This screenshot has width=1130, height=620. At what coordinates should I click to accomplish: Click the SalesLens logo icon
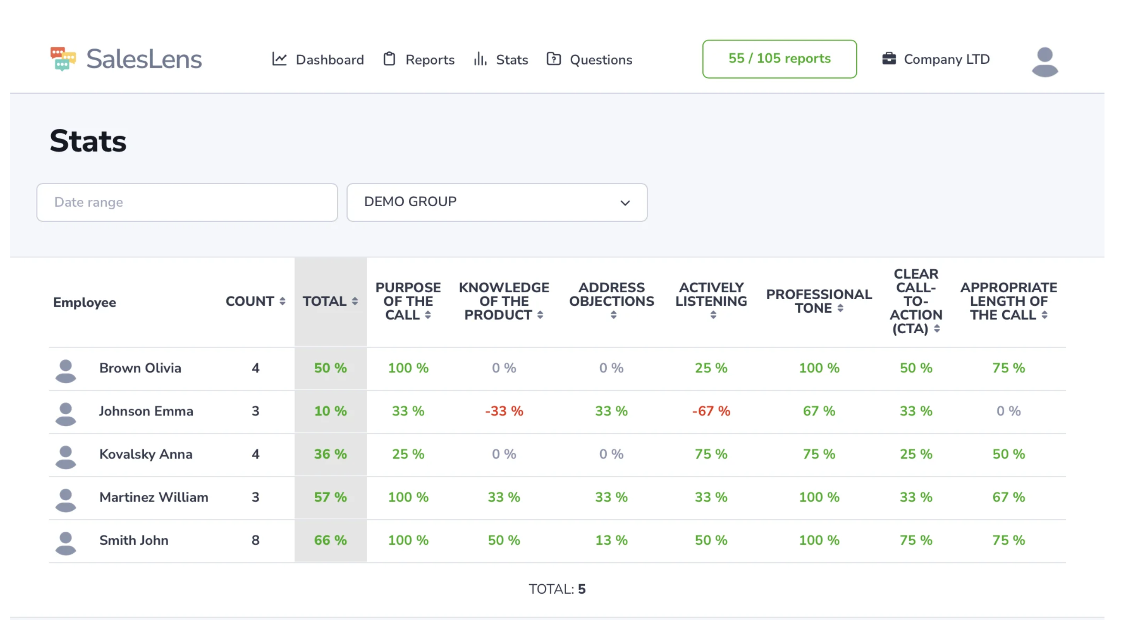coord(63,59)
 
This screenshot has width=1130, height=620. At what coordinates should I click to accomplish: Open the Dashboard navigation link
coord(318,59)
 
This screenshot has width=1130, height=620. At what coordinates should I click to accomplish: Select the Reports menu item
coord(419,59)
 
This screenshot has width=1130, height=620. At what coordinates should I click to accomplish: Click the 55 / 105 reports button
coord(779,59)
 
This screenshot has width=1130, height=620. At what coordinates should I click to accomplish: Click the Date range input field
coord(187,202)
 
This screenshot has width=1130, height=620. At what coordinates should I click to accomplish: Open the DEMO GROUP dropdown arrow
coord(625,203)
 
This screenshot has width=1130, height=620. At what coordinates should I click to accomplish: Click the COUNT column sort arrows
coord(282,301)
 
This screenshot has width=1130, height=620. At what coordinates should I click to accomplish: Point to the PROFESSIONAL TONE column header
coord(818,301)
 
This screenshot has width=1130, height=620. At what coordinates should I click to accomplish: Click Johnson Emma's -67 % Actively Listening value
coord(710,411)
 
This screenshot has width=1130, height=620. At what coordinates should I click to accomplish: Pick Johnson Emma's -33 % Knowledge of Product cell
coord(503,411)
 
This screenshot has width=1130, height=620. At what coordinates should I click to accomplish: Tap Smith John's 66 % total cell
coord(330,540)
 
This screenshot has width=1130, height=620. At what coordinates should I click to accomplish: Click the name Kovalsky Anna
coord(145,454)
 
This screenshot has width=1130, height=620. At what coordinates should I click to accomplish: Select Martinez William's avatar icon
coord(65,500)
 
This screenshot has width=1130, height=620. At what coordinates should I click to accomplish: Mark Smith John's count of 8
coord(255,540)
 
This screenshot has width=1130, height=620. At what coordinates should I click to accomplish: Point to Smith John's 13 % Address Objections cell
coord(611,540)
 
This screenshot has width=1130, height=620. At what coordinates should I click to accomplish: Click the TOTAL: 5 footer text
coord(557,589)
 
